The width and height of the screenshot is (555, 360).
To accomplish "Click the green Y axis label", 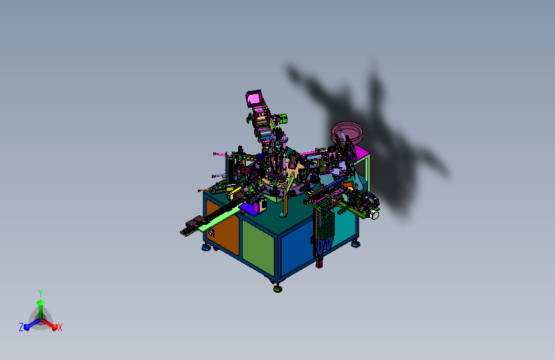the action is (x=40, y=293).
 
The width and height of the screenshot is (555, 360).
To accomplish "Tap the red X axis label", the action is (x=60, y=327).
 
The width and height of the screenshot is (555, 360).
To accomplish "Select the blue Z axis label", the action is (x=21, y=327).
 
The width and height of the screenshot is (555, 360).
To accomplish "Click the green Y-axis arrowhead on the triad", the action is (x=41, y=303).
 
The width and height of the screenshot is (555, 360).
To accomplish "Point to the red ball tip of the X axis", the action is (x=54, y=327).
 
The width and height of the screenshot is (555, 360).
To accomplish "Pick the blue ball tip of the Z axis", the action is (x=27, y=327).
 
